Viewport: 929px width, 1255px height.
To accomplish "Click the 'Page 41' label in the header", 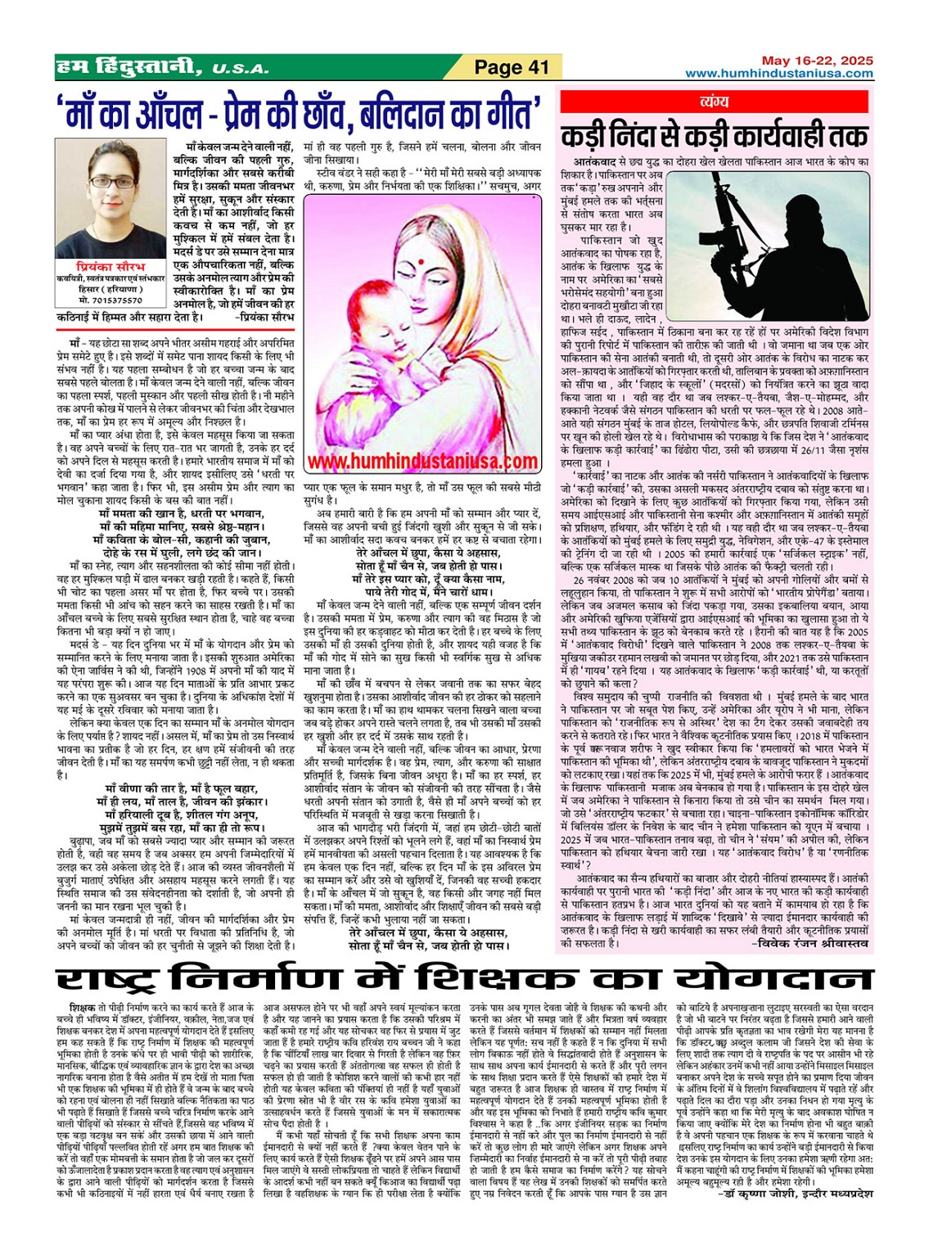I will pyautogui.click(x=512, y=67).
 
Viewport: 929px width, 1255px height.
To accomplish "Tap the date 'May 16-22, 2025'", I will pyautogui.click(x=817, y=61).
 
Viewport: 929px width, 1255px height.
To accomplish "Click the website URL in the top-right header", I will pyautogui.click(x=778, y=74).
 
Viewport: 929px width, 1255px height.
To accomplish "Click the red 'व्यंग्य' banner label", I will pyautogui.click(x=714, y=102).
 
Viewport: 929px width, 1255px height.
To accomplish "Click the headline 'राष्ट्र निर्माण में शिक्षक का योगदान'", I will pyautogui.click(x=464, y=978).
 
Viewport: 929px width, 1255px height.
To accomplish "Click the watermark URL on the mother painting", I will pyautogui.click(x=422, y=462).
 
